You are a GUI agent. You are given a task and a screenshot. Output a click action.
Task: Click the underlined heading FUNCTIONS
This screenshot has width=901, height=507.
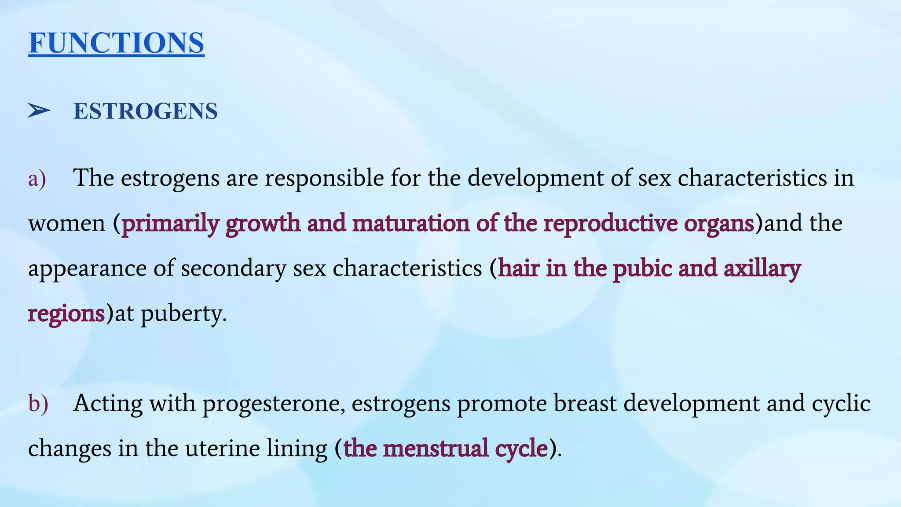click(116, 43)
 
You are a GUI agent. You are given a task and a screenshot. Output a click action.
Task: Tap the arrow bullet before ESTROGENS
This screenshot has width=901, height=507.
click(39, 110)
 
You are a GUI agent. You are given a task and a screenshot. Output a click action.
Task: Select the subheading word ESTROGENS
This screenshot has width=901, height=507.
click(145, 111)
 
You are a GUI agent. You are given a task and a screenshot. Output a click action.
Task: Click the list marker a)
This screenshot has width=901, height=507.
click(37, 179)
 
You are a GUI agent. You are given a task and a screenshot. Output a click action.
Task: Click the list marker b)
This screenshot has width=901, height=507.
click(38, 404)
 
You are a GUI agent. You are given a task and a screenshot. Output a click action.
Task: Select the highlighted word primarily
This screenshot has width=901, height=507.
click(170, 224)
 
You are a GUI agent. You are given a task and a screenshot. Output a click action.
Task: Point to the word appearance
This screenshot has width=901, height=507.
click(87, 269)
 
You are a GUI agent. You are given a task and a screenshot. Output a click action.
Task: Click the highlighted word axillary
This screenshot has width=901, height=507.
click(762, 269)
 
